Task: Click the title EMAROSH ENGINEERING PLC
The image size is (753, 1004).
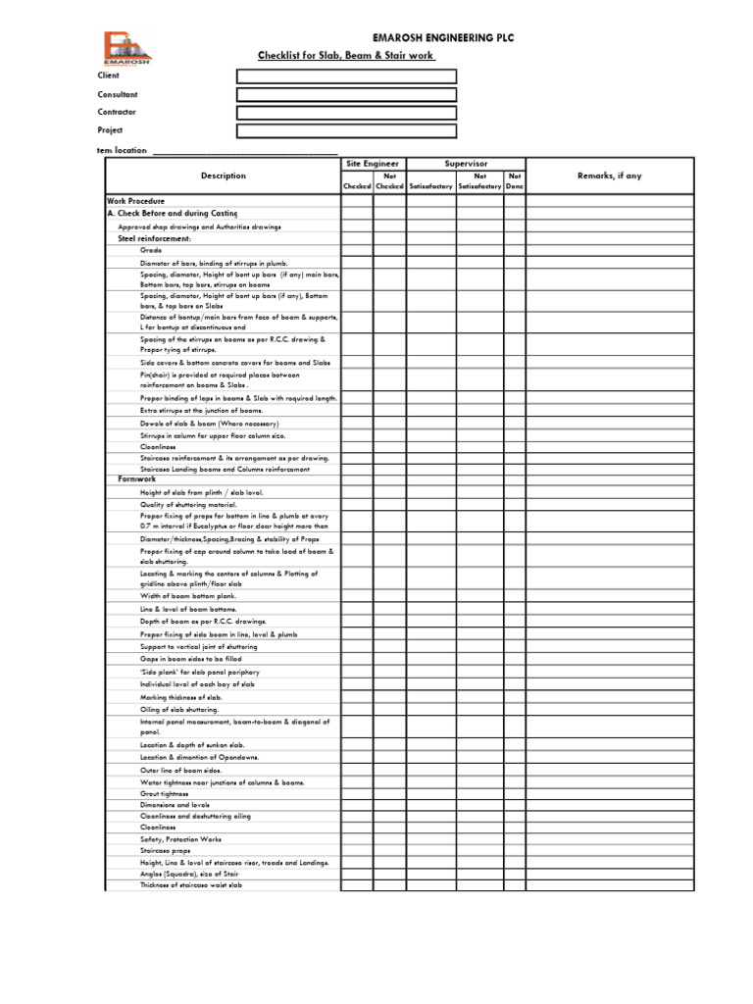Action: [428, 38]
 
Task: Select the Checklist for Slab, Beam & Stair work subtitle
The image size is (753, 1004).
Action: [346, 56]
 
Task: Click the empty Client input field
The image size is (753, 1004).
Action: [346, 76]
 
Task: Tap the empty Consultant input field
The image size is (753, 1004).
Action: [346, 95]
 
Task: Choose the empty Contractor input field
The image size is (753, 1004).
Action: [346, 113]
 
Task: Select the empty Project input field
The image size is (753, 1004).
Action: [346, 131]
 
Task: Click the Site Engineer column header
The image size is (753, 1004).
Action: [373, 164]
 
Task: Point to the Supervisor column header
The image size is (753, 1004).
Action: [466, 164]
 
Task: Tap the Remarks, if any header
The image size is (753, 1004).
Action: [609, 176]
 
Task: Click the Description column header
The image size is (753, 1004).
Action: [224, 176]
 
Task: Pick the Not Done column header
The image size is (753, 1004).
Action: [515, 181]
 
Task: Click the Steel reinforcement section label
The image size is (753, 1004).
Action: [155, 238]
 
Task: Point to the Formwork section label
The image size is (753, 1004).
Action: [137, 479]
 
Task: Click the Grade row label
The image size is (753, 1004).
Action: [150, 251]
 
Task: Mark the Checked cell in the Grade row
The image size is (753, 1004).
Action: [357, 251]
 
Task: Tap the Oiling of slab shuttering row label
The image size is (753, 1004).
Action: [179, 709]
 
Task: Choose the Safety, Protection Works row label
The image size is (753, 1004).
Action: [180, 839]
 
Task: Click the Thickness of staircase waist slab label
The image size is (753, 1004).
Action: [191, 885]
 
